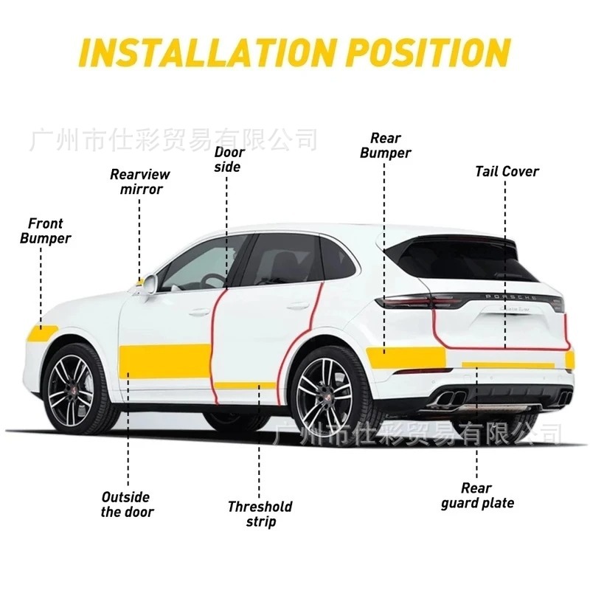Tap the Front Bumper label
coord(46,230)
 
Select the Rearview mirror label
coord(140,181)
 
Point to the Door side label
coord(228,159)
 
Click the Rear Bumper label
coord(386,145)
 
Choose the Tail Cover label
coord(507,172)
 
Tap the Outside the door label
coord(127,504)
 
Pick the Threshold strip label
coord(260,513)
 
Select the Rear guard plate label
coord(477,496)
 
